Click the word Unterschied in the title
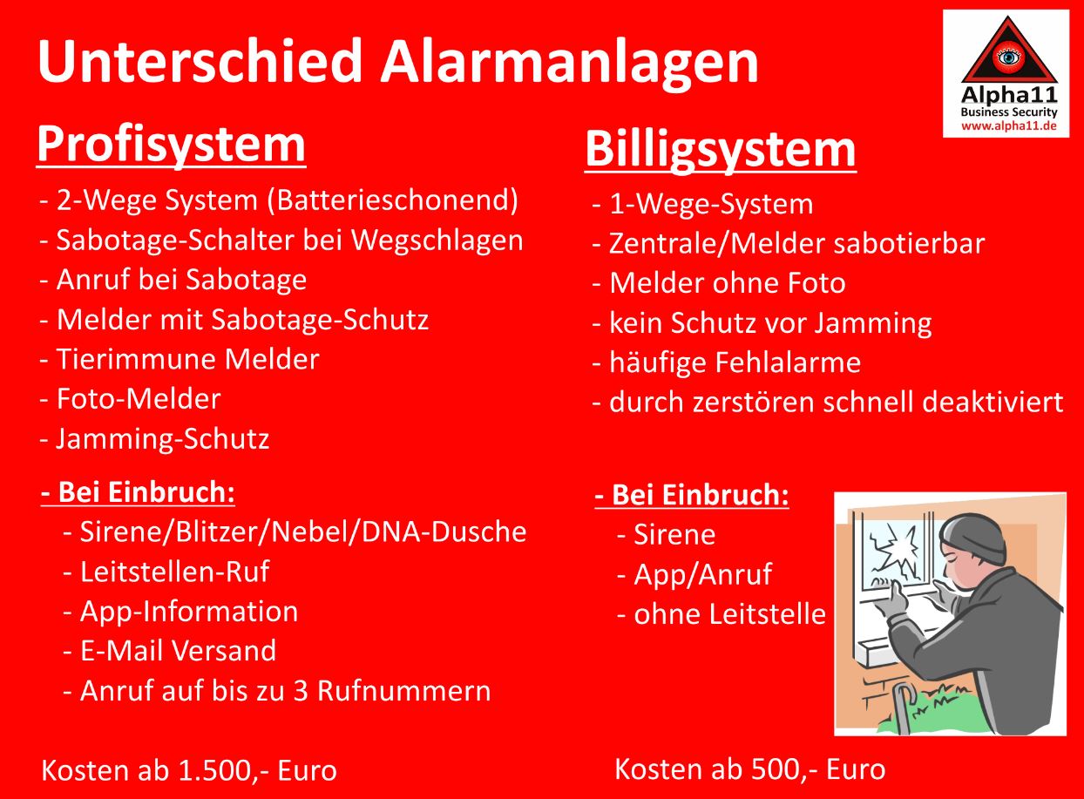(200, 62)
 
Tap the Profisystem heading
(171, 145)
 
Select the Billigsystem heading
(721, 149)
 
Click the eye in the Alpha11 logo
(1007, 58)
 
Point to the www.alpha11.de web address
(1008, 126)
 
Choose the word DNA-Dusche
(444, 532)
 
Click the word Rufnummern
(404, 691)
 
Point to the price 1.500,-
(224, 771)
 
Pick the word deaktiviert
(992, 403)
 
